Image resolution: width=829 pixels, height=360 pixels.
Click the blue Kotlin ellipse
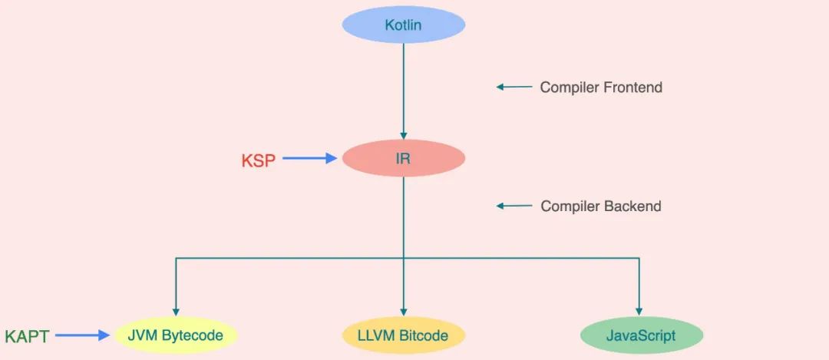[403, 25]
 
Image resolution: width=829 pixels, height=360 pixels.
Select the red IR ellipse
[403, 159]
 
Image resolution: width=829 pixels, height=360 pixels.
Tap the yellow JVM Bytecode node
[176, 335]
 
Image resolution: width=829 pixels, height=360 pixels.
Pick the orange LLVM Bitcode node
[403, 335]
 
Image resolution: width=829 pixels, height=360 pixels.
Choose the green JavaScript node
[641, 335]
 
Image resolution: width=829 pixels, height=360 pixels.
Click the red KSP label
[258, 160]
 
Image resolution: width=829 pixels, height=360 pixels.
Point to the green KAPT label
[27, 336]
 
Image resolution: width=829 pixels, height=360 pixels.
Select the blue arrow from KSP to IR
[309, 159]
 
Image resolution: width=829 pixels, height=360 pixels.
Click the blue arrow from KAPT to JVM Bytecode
[83, 335]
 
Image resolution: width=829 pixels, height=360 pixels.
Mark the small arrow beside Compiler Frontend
[514, 88]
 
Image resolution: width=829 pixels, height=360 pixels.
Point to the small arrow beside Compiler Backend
[514, 206]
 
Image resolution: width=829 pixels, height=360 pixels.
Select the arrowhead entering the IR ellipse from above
[403, 136]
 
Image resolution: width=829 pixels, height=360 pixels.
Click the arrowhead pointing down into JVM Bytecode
[176, 312]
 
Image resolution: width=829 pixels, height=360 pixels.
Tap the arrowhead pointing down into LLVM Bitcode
[403, 312]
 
